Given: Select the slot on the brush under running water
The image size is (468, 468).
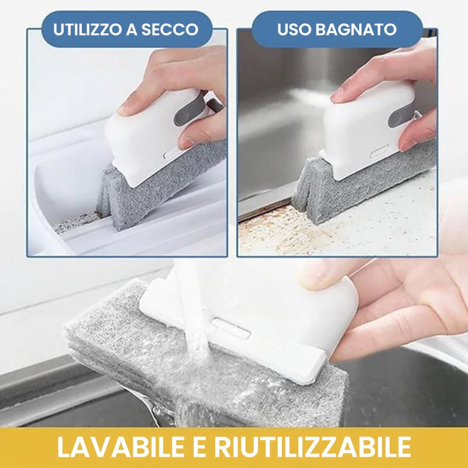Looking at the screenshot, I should click(231, 328).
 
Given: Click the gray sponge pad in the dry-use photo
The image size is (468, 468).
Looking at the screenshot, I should click(158, 193).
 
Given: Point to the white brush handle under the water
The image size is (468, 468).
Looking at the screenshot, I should click(275, 316).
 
